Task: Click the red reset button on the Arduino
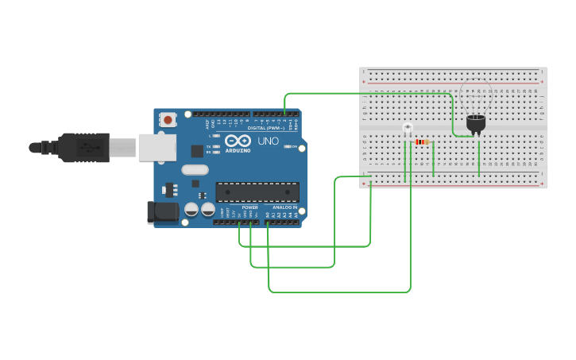168,120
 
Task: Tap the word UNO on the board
268,141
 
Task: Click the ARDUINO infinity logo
238,141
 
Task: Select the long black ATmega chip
257,192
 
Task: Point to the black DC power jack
163,211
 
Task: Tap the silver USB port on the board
157,147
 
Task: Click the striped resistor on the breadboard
421,142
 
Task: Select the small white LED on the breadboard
408,128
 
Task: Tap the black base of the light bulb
476,123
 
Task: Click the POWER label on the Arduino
249,207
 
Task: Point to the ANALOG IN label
284,207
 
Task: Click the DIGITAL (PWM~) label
265,127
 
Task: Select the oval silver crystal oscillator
195,169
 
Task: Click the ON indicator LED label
294,146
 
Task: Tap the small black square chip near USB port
197,151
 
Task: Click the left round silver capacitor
191,210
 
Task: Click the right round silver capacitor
208,210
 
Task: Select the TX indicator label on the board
208,146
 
